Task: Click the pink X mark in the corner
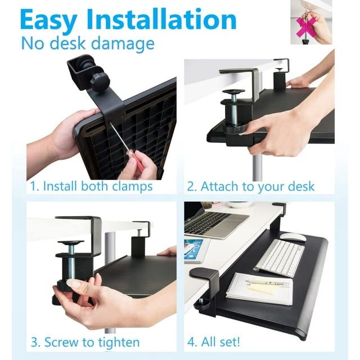click(x=305, y=25)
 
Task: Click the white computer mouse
click(x=293, y=237)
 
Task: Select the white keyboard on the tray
click(x=279, y=258)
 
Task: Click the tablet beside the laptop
click(x=194, y=250)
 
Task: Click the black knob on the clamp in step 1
click(x=100, y=83)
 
